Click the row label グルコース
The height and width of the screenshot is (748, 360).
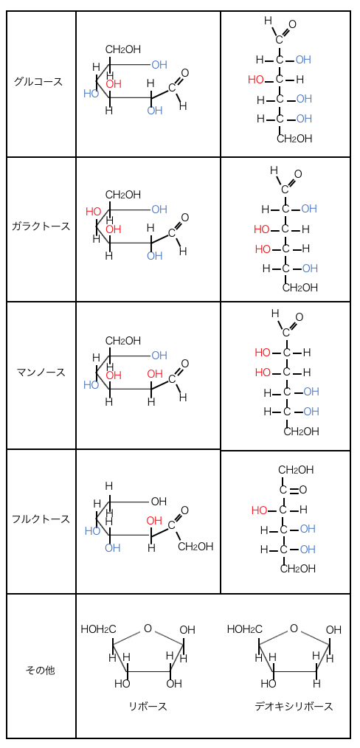[x=38, y=81]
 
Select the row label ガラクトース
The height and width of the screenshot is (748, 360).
[x=41, y=226]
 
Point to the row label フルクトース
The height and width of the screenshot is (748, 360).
[x=41, y=519]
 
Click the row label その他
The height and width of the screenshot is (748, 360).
[x=40, y=671]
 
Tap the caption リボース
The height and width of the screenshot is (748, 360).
[x=148, y=707]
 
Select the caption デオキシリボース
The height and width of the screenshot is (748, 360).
[x=294, y=707]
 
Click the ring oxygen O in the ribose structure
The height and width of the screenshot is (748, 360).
[x=148, y=628]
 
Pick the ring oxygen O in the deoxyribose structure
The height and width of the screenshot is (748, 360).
[x=294, y=628]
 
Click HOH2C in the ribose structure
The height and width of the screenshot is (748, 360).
[x=98, y=629]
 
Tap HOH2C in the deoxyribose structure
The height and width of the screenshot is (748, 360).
[x=245, y=629]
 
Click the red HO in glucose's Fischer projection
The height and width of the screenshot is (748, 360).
[x=256, y=79]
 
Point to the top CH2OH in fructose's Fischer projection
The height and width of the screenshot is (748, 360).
[x=296, y=470]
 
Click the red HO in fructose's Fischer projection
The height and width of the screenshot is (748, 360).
[x=260, y=510]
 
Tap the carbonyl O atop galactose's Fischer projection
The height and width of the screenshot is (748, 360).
[x=298, y=173]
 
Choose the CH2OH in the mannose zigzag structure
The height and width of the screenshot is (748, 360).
[x=123, y=341]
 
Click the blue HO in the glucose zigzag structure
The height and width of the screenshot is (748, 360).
[x=91, y=94]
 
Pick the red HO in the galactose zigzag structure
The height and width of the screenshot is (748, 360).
[x=94, y=211]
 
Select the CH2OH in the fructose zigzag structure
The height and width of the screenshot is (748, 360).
[x=195, y=546]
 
